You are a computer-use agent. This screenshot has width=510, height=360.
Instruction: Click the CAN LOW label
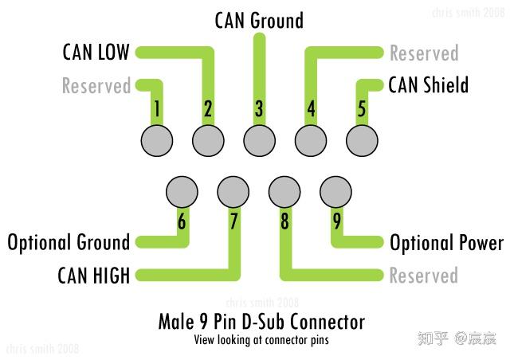96,52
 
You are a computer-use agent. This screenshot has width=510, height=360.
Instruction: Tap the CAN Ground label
259,20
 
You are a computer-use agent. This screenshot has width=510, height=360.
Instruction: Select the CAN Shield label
429,85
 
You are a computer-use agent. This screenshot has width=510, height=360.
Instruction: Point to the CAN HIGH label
94,276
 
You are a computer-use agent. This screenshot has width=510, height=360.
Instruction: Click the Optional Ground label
69,243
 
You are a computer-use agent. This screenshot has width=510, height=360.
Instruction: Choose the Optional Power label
446,243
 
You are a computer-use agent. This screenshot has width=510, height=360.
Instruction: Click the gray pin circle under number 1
157,141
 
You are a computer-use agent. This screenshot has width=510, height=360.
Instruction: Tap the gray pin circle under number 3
259,141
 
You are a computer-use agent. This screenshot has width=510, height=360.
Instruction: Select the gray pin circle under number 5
362,141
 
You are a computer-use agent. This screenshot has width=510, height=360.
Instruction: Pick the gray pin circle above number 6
182,192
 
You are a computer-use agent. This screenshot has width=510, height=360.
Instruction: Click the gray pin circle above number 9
335,192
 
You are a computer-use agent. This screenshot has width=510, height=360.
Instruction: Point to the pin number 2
208,108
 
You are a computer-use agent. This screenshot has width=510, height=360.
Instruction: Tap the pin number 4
311,108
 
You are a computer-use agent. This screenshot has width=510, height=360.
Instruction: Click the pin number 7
233,221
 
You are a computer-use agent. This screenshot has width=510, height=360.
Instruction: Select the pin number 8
284,221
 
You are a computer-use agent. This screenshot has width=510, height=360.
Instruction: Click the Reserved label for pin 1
96,85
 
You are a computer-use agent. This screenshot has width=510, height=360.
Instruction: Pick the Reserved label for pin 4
424,53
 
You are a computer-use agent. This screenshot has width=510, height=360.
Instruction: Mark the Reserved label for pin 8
423,276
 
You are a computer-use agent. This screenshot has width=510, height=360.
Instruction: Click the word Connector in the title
328,322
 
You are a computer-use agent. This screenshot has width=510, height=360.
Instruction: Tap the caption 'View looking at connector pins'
261,340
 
